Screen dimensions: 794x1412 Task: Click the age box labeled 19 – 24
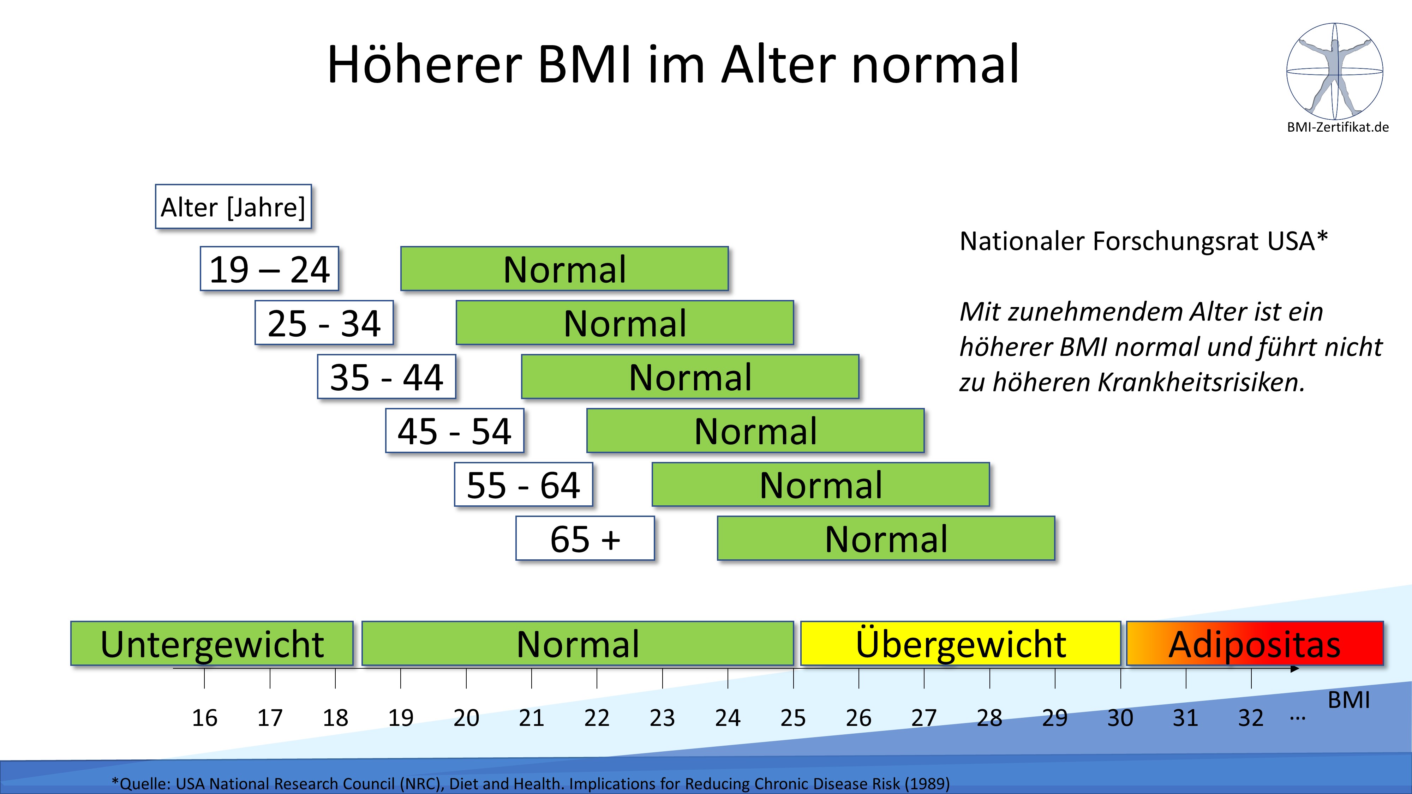point(269,269)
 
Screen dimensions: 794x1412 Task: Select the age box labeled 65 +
point(585,539)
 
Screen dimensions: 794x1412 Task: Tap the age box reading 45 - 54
point(454,431)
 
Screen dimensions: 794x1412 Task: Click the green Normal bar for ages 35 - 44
point(689,377)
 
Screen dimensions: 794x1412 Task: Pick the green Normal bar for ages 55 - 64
point(821,485)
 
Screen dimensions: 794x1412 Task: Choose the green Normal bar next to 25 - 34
point(624,323)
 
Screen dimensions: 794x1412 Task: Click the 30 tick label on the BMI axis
point(1120,718)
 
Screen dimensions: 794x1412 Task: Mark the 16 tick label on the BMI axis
point(204,718)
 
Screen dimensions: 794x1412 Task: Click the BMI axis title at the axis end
point(1348,700)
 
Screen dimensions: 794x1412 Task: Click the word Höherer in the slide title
point(424,65)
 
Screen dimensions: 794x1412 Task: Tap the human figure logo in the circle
point(1335,71)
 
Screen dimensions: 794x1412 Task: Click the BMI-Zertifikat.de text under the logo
point(1338,127)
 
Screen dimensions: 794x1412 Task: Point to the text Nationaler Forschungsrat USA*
point(1143,241)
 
